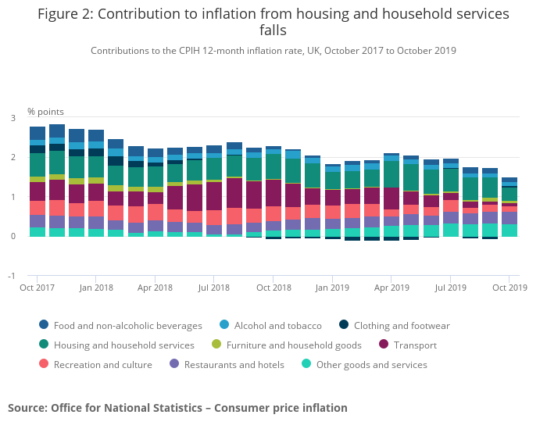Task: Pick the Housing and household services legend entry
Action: [123, 345]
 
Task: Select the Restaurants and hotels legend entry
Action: [234, 364]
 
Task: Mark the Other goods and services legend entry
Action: [371, 364]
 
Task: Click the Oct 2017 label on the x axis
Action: [36, 288]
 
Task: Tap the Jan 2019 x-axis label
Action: [331, 288]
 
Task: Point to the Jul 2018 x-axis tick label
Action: [213, 288]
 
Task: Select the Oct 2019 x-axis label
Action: [509, 288]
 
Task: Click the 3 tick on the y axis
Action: [13, 118]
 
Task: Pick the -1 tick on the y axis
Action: [11, 276]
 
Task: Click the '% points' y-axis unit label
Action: [46, 112]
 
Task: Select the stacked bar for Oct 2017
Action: [37, 181]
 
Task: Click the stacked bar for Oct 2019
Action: [509, 207]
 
